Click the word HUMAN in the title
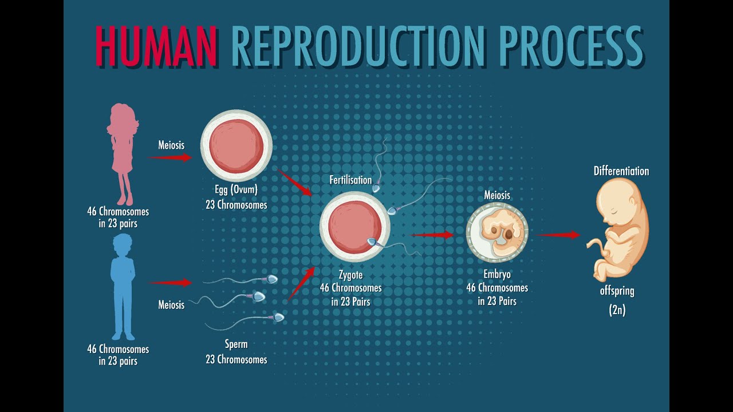(x=156, y=45)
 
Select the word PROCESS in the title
(x=570, y=45)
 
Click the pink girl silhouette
(x=123, y=152)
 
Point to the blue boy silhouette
(x=123, y=286)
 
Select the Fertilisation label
(x=350, y=180)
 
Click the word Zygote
(x=350, y=275)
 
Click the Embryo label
(x=496, y=275)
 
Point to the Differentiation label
(x=621, y=171)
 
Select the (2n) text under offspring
(x=617, y=311)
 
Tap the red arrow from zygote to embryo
(x=432, y=235)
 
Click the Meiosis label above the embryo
(x=496, y=195)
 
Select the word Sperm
(x=236, y=344)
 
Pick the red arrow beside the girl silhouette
(x=170, y=157)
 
